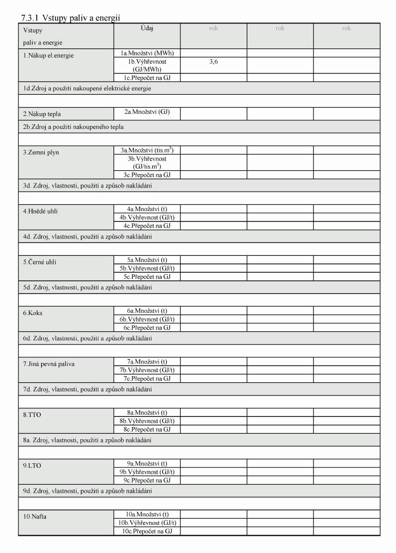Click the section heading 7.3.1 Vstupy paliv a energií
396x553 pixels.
(x=70, y=18)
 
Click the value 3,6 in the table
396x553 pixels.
(x=214, y=61)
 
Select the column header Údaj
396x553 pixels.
(x=147, y=29)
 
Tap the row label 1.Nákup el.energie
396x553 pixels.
(x=48, y=56)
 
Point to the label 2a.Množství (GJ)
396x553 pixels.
(x=147, y=112)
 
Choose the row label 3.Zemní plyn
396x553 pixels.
(x=41, y=152)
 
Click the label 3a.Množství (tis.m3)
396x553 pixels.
(x=147, y=150)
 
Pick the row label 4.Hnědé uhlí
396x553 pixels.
(x=40, y=211)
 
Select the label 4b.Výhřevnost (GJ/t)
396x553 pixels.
(x=147, y=217)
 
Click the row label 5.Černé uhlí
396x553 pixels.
(x=40, y=262)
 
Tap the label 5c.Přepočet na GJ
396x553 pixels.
(x=147, y=277)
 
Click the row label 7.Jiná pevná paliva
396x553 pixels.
(x=48, y=364)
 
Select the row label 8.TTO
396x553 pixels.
(x=32, y=415)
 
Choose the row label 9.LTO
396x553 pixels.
(x=32, y=466)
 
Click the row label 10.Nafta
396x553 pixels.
(x=35, y=517)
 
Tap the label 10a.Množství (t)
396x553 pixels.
(x=147, y=515)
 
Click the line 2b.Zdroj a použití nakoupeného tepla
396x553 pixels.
(x=72, y=126)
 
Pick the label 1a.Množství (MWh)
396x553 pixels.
(x=147, y=52)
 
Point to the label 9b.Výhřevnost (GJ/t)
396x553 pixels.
(x=147, y=472)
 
